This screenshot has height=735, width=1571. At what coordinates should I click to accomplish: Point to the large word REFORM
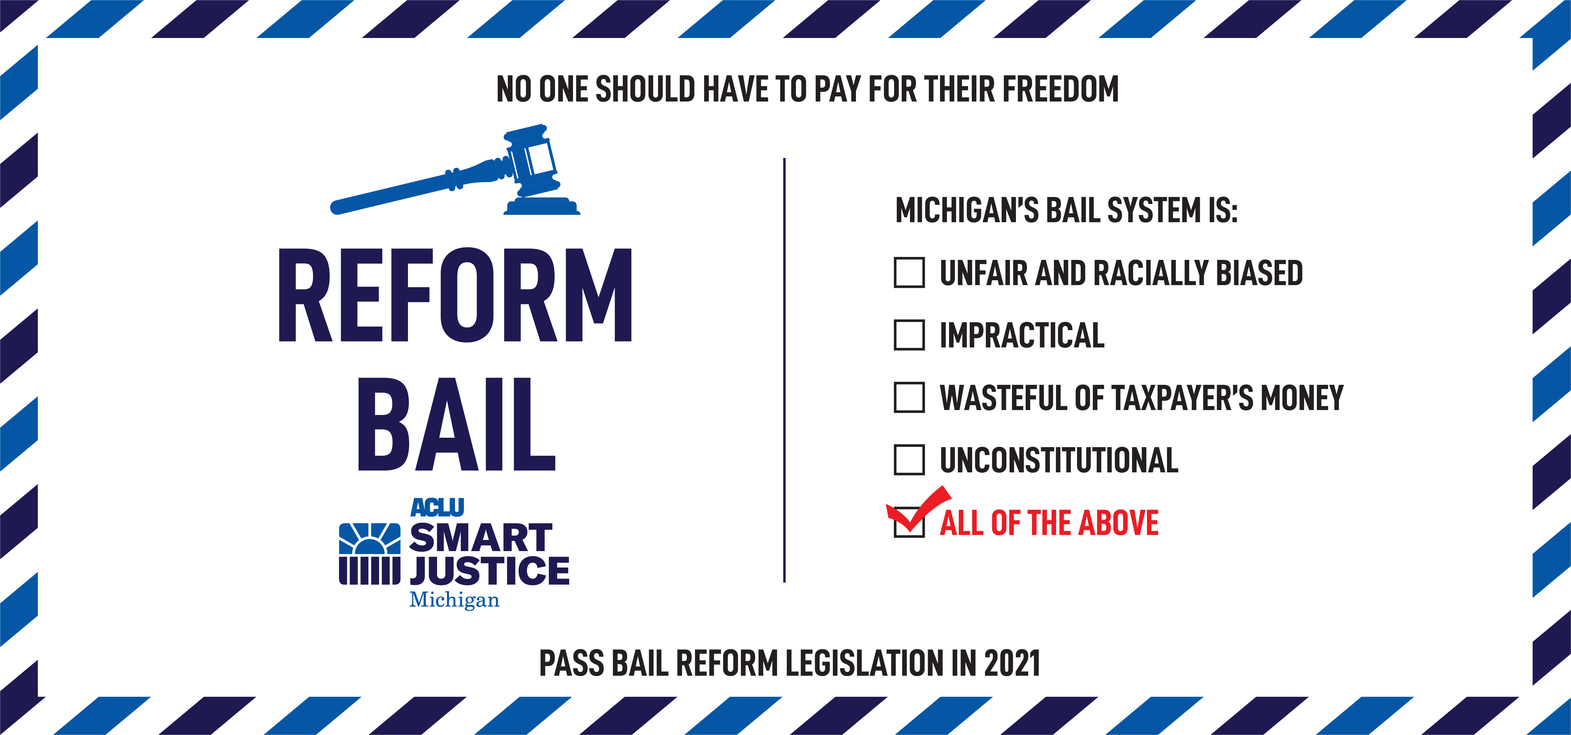pyautogui.click(x=455, y=295)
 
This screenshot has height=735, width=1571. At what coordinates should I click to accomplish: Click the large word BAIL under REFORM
pyautogui.click(x=456, y=424)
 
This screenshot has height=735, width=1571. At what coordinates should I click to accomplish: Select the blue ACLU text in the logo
pyautogui.click(x=437, y=508)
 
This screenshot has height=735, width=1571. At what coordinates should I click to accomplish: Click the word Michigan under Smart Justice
pyautogui.click(x=454, y=600)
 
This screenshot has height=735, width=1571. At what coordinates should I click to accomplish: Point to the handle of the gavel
pyautogui.click(x=421, y=186)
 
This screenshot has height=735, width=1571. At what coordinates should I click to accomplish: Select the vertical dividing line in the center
pyautogui.click(x=784, y=370)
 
